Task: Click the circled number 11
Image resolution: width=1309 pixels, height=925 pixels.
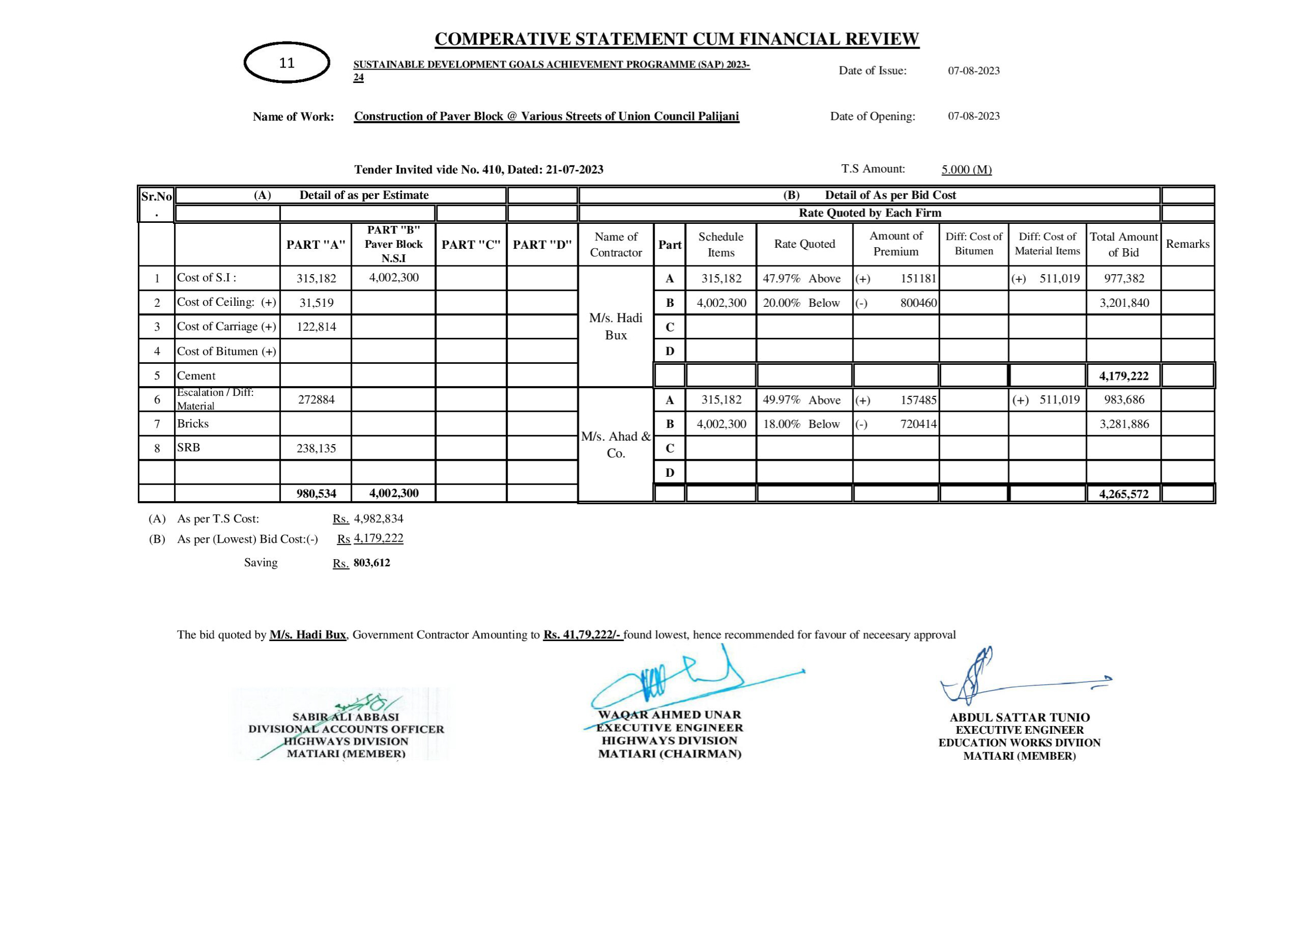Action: click(x=287, y=63)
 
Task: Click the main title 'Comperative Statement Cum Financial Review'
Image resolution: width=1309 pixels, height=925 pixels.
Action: click(x=677, y=39)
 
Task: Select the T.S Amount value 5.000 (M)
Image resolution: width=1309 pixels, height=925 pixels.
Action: click(x=966, y=169)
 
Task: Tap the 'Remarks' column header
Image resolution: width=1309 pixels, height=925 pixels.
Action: click(x=1188, y=244)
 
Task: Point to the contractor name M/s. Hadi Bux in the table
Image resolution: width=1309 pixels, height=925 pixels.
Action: click(x=616, y=326)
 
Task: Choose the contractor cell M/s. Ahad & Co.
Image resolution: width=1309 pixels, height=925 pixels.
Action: click(x=616, y=445)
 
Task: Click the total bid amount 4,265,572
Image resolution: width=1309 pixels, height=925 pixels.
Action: click(x=1123, y=494)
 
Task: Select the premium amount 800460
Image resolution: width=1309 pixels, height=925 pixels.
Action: click(x=918, y=303)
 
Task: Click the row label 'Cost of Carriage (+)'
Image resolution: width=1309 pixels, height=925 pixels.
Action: click(x=226, y=327)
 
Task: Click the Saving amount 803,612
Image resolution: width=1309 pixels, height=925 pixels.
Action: click(x=372, y=563)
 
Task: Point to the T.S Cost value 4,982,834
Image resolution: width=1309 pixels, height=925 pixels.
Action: click(x=379, y=519)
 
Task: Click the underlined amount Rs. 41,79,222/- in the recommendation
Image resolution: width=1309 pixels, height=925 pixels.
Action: click(x=582, y=635)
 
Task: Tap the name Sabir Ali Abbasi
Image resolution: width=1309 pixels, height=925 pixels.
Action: click(x=346, y=717)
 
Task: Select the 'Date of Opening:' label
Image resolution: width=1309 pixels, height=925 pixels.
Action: click(x=872, y=117)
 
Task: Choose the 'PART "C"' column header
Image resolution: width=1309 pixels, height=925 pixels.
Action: click(x=471, y=245)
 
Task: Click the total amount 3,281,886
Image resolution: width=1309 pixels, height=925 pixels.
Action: click(x=1123, y=424)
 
